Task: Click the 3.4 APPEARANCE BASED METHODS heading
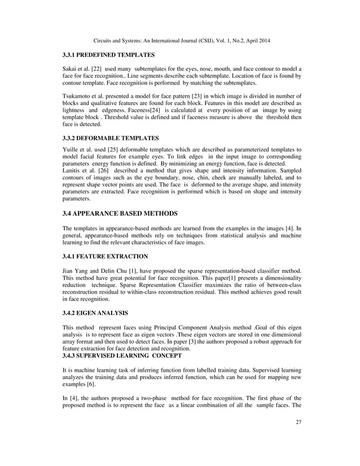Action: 120,213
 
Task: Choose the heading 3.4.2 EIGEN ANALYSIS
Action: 95,313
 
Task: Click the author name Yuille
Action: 71,152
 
